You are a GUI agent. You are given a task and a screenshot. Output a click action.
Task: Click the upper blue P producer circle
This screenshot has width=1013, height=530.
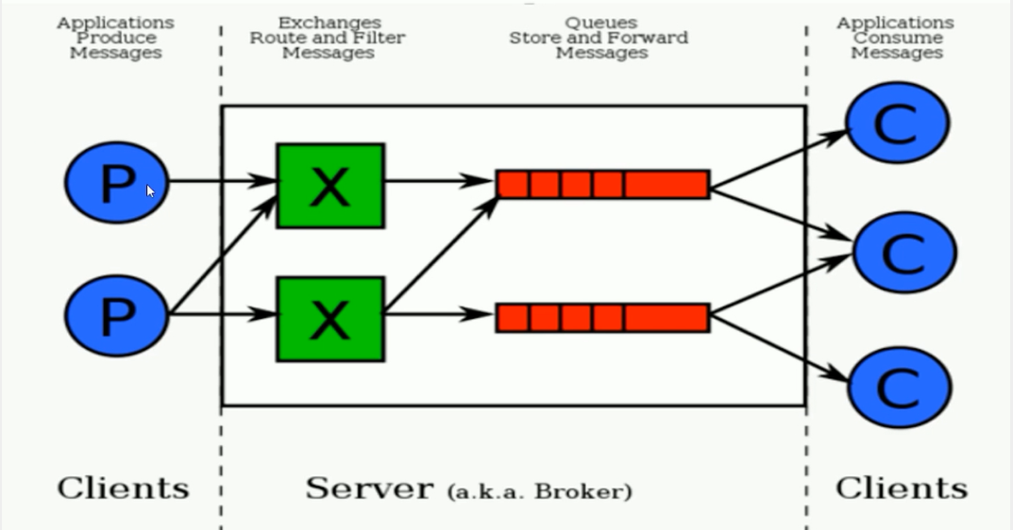[117, 183]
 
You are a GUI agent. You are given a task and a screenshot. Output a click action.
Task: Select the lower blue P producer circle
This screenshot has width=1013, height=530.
[117, 316]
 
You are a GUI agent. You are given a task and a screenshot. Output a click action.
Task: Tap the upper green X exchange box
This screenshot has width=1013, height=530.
[330, 186]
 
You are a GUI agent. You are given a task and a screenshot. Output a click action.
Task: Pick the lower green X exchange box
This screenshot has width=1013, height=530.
[330, 319]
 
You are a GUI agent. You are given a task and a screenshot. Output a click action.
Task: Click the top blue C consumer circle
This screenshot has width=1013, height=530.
[898, 123]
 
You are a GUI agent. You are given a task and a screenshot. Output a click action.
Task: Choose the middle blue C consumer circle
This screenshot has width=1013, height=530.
[904, 253]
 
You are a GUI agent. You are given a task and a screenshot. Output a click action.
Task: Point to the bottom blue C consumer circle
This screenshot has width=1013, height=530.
[900, 388]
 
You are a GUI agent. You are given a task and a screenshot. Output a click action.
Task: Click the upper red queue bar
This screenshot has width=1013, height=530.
[602, 184]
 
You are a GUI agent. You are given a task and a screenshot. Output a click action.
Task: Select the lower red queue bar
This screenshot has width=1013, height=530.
[602, 318]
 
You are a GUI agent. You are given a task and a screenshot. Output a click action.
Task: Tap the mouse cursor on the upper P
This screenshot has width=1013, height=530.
[150, 191]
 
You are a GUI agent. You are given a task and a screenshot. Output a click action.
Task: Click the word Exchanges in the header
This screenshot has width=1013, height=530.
[329, 23]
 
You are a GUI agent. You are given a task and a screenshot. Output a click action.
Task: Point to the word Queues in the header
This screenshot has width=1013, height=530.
[600, 23]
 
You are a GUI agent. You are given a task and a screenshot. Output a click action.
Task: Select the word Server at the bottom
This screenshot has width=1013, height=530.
[369, 489]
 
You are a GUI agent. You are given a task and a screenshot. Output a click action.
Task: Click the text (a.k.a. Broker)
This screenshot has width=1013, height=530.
[539, 492]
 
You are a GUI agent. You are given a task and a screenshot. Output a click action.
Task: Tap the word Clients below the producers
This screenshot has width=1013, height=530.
[124, 489]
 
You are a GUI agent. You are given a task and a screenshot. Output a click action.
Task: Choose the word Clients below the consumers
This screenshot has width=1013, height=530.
[902, 489]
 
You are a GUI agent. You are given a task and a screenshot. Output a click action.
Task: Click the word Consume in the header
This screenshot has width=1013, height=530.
[897, 38]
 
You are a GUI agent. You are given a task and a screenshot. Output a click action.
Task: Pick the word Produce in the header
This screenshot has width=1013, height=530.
[116, 38]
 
